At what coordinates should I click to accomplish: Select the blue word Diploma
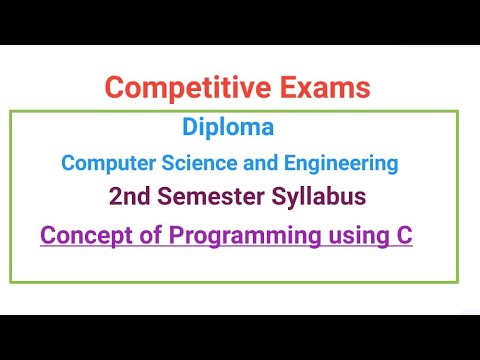(x=228, y=129)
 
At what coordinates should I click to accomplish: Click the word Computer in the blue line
(x=103, y=162)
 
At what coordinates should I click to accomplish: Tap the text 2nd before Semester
(x=129, y=197)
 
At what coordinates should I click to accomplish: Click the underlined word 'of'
(x=134, y=237)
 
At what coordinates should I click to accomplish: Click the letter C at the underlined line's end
(x=402, y=237)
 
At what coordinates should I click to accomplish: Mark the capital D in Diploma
(x=189, y=128)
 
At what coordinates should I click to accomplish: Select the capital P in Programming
(x=161, y=237)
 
